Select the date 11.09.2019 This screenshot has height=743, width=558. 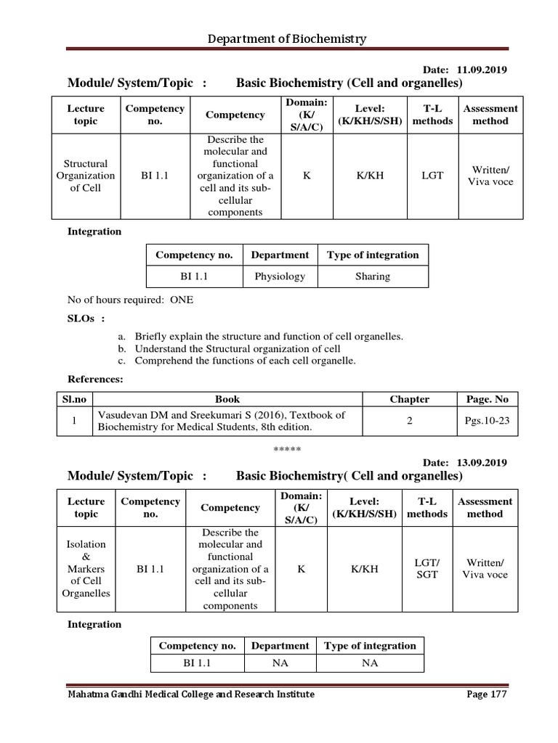point(482,70)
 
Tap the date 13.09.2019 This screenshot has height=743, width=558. point(482,462)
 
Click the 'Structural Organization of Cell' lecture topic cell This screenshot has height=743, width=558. point(86,176)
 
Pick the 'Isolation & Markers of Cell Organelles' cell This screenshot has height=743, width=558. point(86,569)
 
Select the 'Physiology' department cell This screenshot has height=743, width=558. point(280,276)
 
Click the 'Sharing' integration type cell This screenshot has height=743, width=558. point(373,276)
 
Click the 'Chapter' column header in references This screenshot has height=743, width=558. point(409,399)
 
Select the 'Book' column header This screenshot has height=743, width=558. point(227,399)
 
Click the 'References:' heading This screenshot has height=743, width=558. point(95,379)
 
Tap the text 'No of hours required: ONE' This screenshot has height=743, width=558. point(130,300)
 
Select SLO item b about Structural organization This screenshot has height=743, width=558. point(227,349)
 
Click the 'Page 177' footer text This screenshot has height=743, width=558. point(485,694)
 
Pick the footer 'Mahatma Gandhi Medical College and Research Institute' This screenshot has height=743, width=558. point(190,694)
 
